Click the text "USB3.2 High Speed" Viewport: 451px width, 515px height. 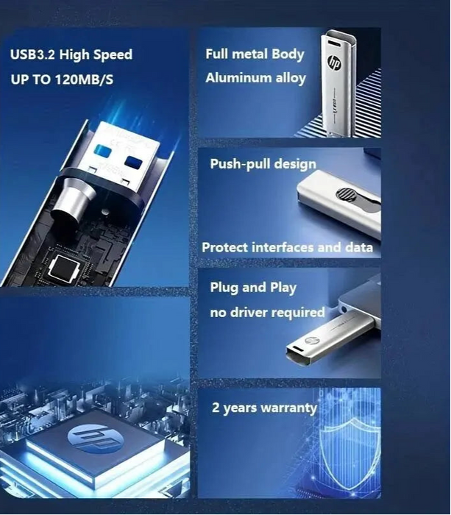pos(71,54)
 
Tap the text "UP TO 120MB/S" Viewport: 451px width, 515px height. pos(63,79)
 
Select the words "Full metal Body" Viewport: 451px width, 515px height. pos(255,54)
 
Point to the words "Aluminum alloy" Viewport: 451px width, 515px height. pos(255,78)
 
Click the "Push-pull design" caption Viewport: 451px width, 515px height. pos(263,163)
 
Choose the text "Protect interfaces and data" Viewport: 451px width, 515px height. pos(287,247)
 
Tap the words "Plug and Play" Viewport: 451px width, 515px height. pos(253,287)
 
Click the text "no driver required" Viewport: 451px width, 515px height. pos(267,313)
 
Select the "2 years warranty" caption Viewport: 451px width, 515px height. pos(264,408)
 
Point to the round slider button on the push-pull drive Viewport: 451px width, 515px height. pos(345,195)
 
